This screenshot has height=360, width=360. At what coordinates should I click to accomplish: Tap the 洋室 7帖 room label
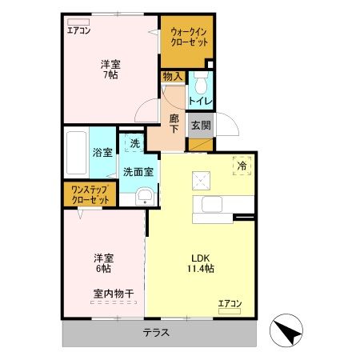(110, 69)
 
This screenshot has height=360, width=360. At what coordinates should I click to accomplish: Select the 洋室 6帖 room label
(102, 264)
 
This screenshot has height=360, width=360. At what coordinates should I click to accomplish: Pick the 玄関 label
(200, 125)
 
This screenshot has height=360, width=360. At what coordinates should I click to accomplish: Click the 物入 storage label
(172, 78)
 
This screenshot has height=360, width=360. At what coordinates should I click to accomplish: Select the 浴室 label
(102, 153)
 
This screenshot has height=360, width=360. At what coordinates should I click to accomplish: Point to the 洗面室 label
(138, 171)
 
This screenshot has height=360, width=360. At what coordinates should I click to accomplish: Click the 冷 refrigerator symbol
(242, 166)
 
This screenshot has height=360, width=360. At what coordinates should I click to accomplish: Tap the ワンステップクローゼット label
(90, 194)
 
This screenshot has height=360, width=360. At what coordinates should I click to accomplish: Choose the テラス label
(157, 333)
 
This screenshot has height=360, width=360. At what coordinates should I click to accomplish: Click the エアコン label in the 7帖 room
(78, 31)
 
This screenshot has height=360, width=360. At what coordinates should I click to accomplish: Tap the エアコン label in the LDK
(230, 303)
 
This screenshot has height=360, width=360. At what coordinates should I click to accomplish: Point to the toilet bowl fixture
(200, 82)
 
